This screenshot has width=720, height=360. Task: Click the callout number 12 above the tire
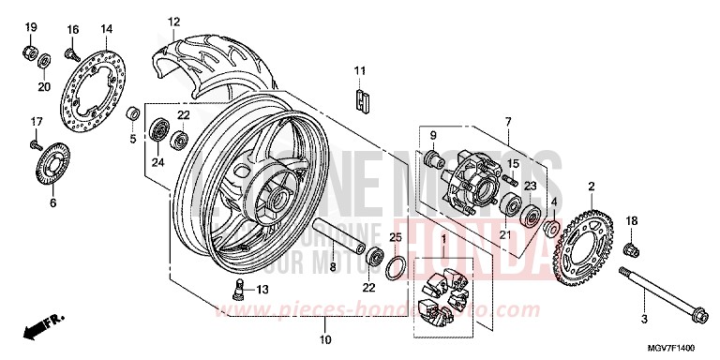[173, 22]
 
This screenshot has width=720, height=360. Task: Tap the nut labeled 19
[30, 47]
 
